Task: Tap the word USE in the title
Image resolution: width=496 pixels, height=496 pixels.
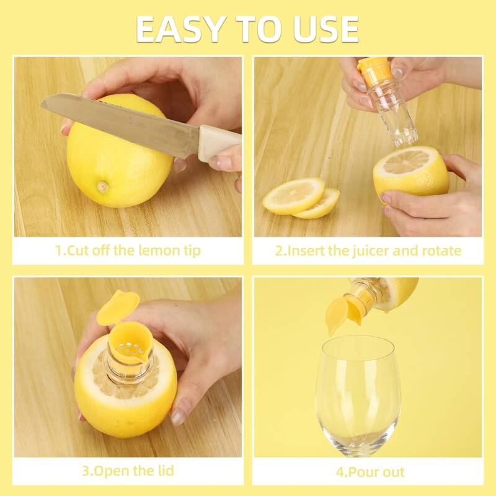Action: (x=326, y=29)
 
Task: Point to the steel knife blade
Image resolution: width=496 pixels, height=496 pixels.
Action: (x=121, y=123)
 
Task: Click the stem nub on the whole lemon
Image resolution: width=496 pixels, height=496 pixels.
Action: (x=102, y=187)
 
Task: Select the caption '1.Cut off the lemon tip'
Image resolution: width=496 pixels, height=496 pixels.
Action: (x=128, y=250)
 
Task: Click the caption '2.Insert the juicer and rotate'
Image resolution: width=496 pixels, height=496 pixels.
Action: (x=368, y=250)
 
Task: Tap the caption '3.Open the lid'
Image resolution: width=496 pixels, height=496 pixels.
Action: (x=128, y=471)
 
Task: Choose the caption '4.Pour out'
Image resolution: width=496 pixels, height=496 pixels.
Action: (x=370, y=472)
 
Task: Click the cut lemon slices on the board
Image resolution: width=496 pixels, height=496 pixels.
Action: (x=301, y=198)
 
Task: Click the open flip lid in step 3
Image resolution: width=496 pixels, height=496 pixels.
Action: (x=118, y=306)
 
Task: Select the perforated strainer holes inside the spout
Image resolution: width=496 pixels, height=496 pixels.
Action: (x=129, y=348)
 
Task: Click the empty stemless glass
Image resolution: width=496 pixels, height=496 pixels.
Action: (x=358, y=396)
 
